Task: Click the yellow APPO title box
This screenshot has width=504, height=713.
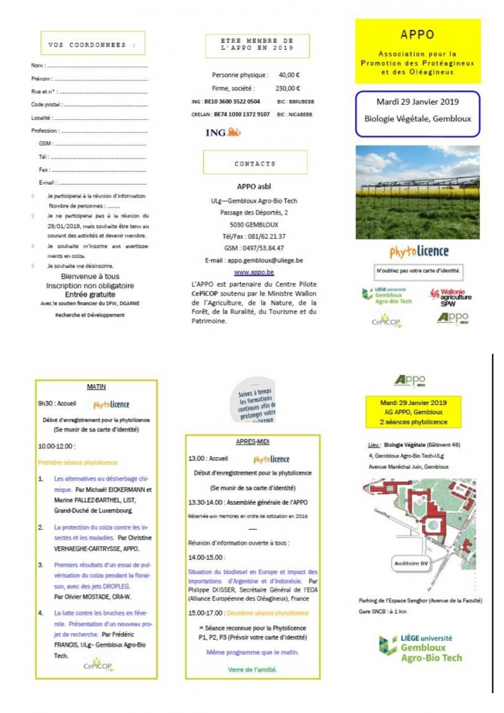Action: (x=418, y=52)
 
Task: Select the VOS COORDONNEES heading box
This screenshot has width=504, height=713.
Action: (x=92, y=44)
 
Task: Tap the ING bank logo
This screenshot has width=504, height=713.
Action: (x=222, y=133)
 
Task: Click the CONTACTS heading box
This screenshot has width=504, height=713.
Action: (x=254, y=163)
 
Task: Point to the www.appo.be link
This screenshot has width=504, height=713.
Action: (x=254, y=272)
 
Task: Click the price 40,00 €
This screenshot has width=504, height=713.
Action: (x=289, y=75)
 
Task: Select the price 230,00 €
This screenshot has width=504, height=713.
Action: (x=288, y=88)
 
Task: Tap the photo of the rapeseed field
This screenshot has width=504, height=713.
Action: (x=417, y=193)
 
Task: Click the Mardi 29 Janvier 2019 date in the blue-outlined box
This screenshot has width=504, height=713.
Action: (x=418, y=103)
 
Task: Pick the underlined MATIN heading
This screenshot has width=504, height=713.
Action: (x=96, y=387)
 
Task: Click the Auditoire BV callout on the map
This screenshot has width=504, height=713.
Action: (x=411, y=563)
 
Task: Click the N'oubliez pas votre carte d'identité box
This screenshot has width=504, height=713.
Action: (x=419, y=272)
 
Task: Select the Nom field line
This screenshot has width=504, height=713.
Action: (x=101, y=66)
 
